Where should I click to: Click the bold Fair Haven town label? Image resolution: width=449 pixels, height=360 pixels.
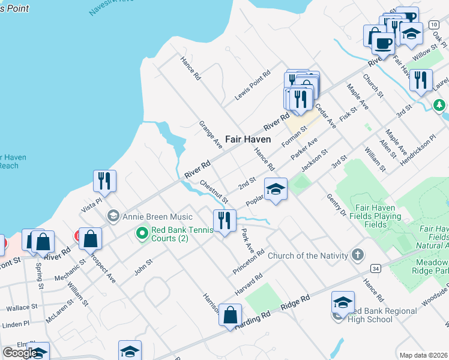248,139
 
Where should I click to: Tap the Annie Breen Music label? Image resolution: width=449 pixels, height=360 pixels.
157,217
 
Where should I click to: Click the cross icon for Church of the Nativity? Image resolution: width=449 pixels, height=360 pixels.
358,256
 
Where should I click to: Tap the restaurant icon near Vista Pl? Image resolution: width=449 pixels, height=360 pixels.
105,181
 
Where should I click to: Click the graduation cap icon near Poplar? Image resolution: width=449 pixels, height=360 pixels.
276,189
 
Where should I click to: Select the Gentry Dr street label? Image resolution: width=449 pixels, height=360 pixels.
337,205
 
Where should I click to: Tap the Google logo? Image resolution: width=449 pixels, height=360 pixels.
19,353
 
